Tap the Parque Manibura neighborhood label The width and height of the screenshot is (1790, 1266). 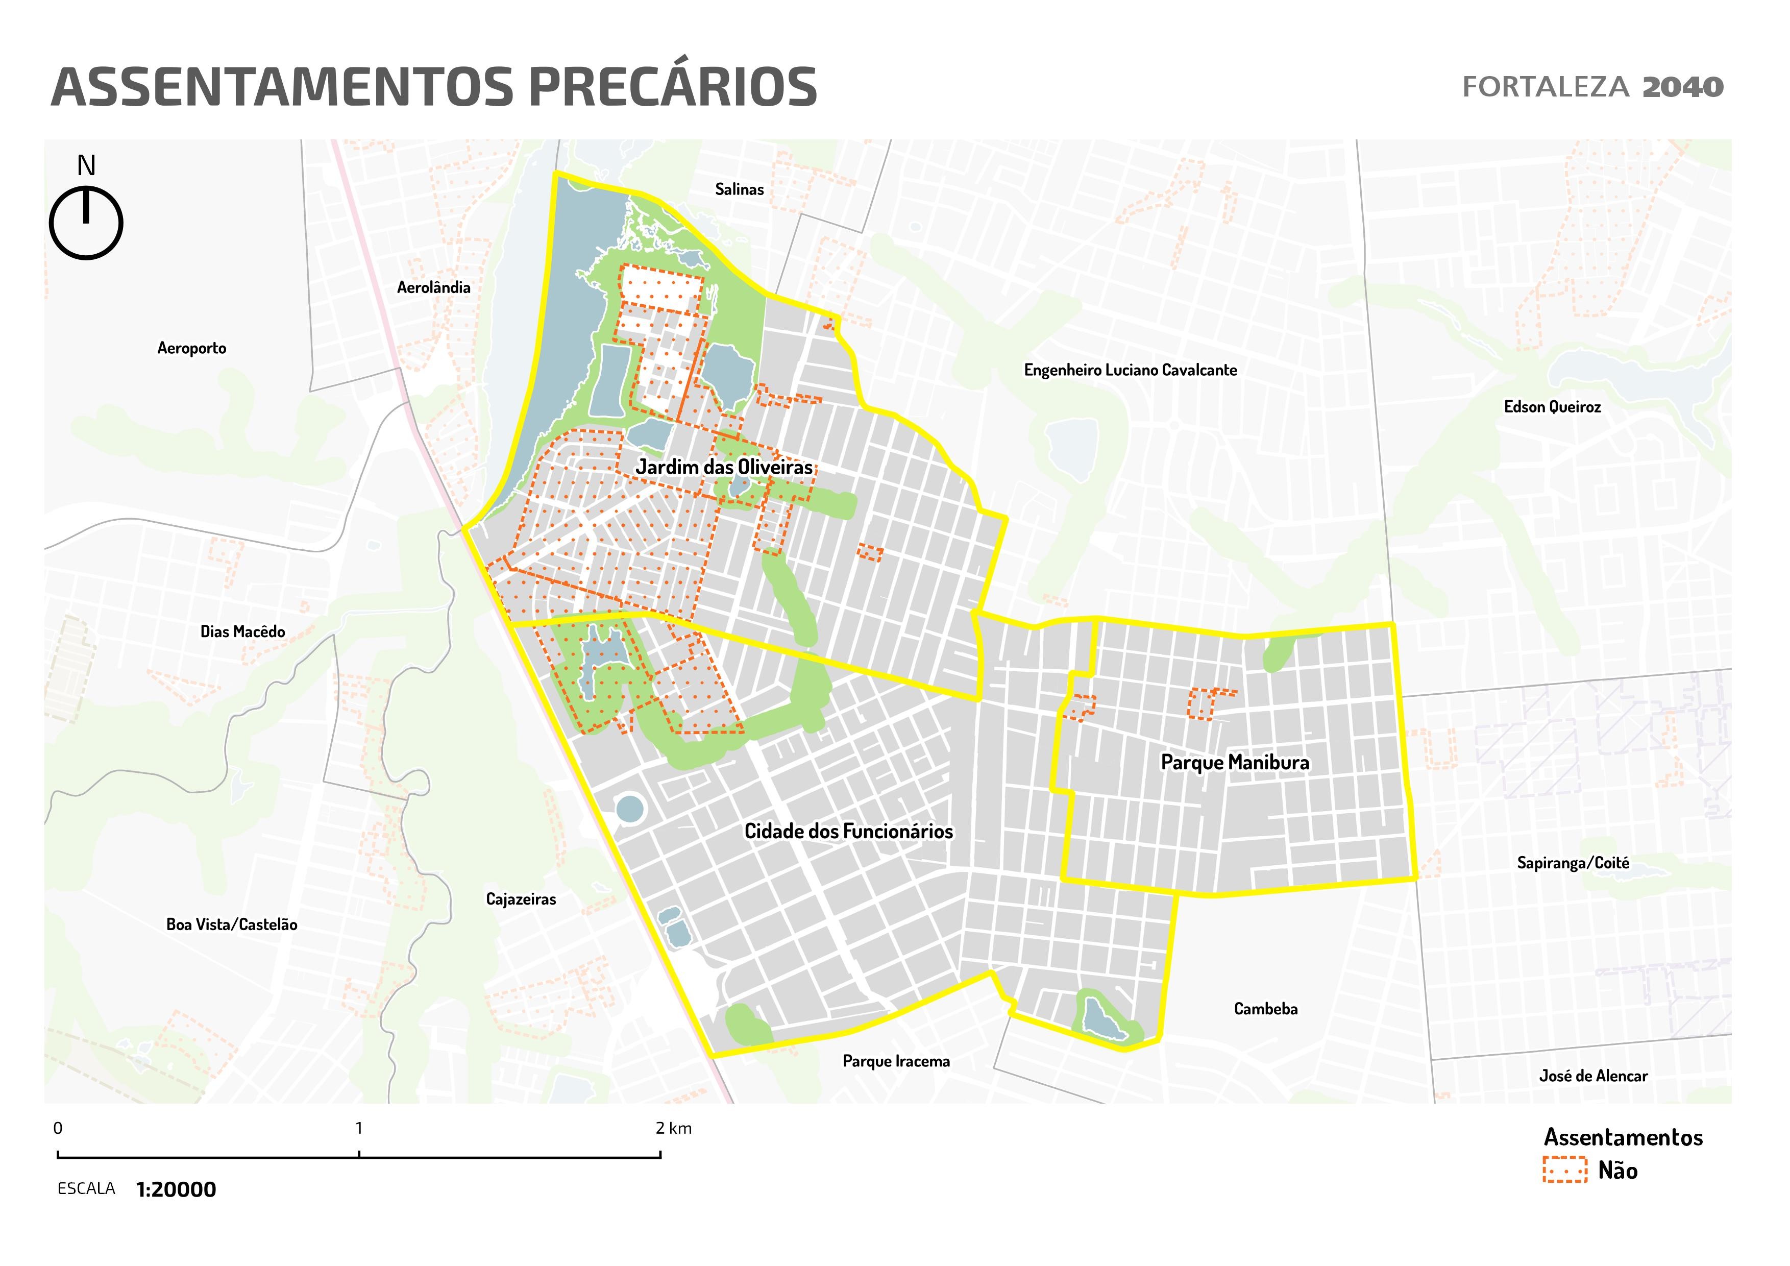pyautogui.click(x=1235, y=762)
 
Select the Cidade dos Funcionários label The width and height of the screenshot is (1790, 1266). pyautogui.click(x=848, y=831)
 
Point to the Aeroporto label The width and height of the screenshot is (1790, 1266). pyautogui.click(x=192, y=349)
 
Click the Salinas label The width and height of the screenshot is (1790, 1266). pyautogui.click(x=739, y=189)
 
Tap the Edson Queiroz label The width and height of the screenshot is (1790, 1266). pyautogui.click(x=1552, y=407)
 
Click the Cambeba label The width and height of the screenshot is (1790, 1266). pyautogui.click(x=1265, y=1009)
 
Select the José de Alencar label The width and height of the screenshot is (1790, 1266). pyautogui.click(x=1593, y=1076)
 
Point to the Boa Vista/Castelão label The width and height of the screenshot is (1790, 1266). pyautogui.click(x=232, y=924)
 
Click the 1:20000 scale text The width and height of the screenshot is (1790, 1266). pyautogui.click(x=176, y=1189)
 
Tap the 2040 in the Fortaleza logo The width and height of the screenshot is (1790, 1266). pyautogui.click(x=1682, y=87)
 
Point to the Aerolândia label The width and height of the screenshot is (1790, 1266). pyautogui.click(x=433, y=287)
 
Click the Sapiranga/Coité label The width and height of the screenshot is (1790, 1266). pyautogui.click(x=1573, y=863)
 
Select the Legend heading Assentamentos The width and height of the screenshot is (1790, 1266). pyautogui.click(x=1623, y=1137)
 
